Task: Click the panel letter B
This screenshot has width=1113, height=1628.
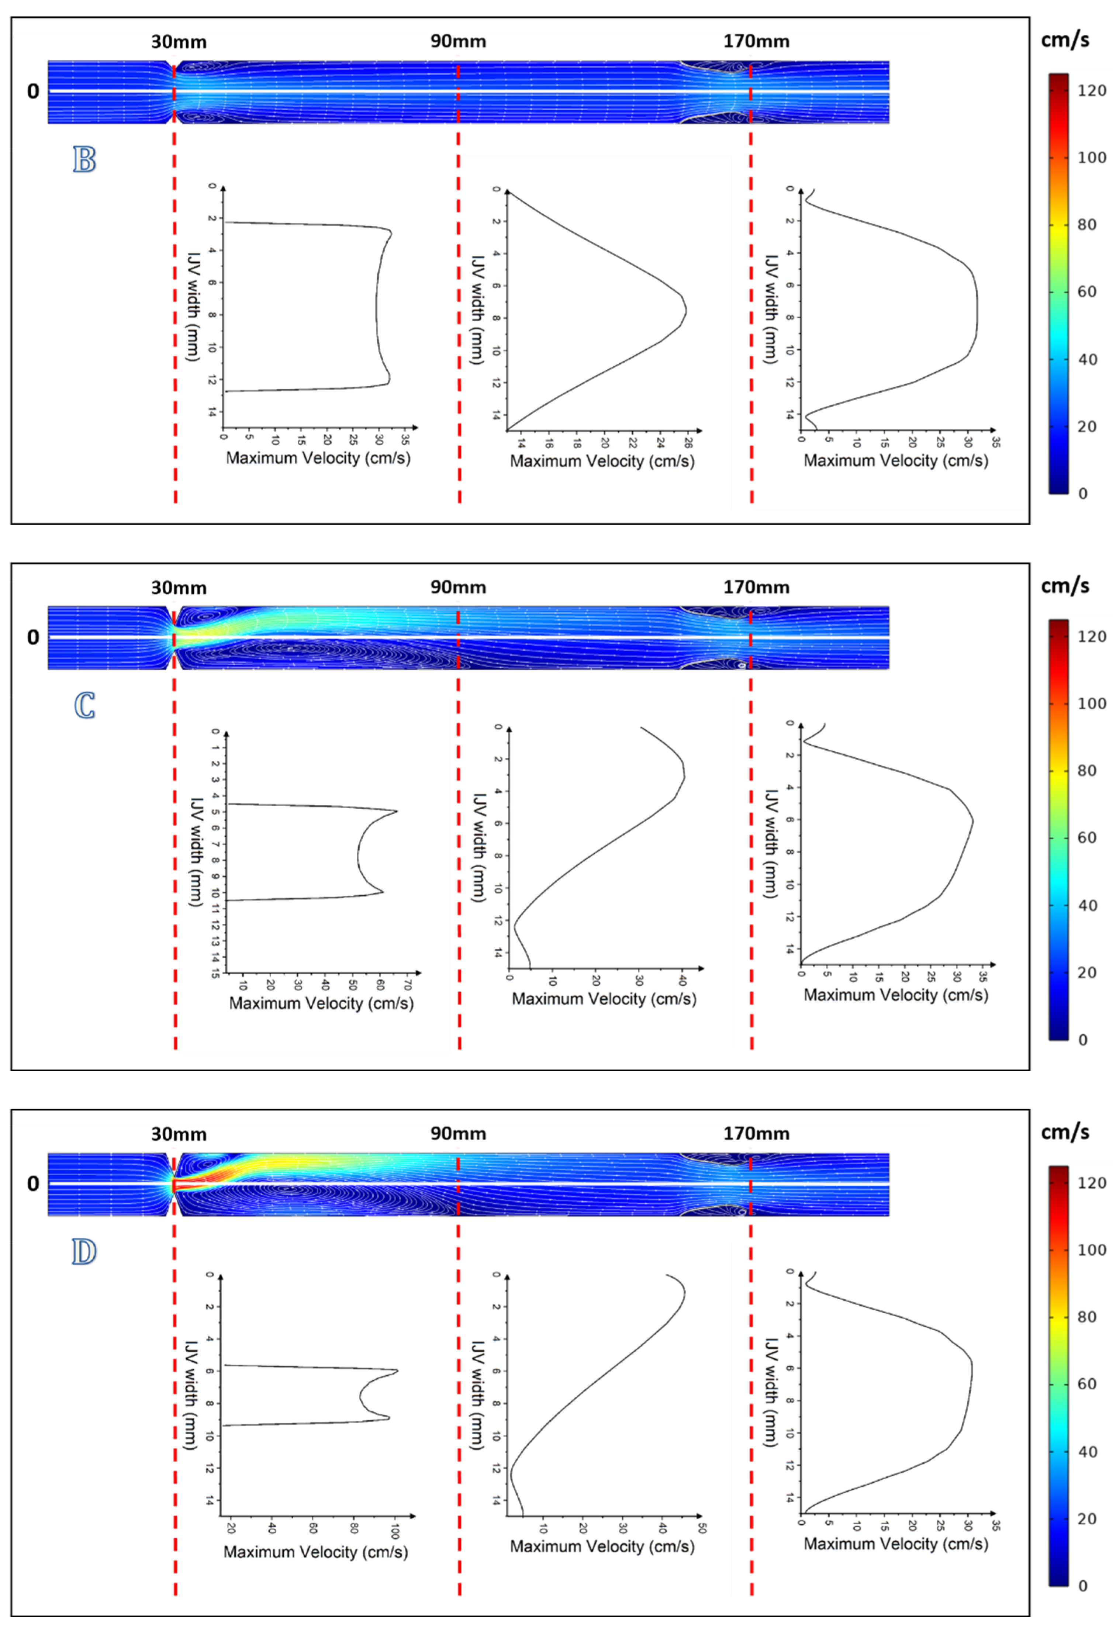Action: point(84,160)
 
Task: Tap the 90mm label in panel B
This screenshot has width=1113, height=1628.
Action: point(458,41)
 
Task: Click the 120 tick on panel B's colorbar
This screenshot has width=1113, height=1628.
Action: point(1091,90)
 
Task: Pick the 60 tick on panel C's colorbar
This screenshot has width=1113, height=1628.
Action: point(1086,838)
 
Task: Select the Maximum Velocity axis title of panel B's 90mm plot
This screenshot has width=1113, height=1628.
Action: point(602,461)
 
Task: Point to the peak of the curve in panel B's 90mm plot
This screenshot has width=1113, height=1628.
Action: point(686,310)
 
